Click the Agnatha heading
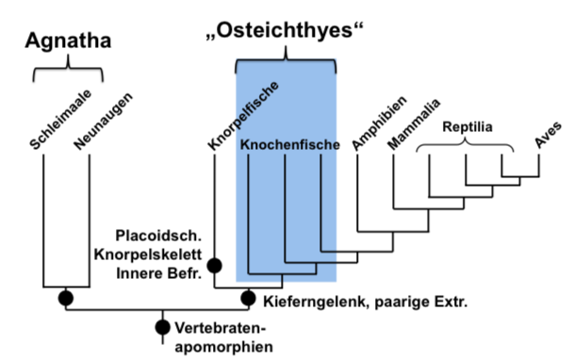pyautogui.click(x=68, y=41)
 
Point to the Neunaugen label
pyautogui.click(x=101, y=122)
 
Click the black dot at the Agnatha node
pyautogui.click(x=66, y=299)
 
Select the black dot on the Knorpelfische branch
pyautogui.click(x=214, y=267)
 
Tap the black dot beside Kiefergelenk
pyautogui.click(x=249, y=299)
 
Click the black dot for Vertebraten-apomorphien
pyautogui.click(x=162, y=328)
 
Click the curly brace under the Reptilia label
pyautogui.click(x=466, y=146)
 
